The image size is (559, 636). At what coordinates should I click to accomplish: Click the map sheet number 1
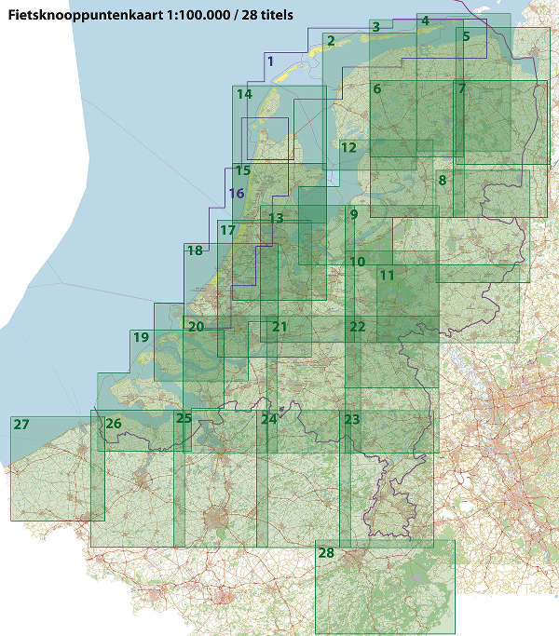coord(269,61)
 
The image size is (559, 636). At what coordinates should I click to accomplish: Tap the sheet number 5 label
coord(465,36)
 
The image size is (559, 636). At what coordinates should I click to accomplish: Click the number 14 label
coord(244,94)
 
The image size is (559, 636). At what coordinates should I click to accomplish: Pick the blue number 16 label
coord(237,194)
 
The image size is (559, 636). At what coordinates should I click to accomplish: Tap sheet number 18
coord(194,250)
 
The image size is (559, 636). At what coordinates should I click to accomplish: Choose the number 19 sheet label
coord(141,338)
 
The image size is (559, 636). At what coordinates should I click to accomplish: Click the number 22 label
coord(357,326)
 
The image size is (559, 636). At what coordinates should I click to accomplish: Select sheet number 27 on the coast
coord(21,424)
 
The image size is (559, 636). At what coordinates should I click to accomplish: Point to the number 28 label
coord(325,553)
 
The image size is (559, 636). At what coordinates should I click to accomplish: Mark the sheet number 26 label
coord(114,424)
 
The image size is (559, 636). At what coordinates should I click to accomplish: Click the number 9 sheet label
coord(353,215)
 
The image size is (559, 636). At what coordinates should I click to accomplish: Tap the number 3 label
coord(375,27)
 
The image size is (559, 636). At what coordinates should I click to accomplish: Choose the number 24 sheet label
coord(268,419)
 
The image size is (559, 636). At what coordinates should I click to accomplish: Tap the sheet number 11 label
coord(387,276)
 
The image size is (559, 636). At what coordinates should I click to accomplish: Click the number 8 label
coord(443,180)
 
